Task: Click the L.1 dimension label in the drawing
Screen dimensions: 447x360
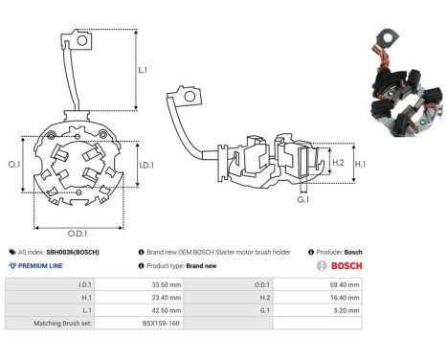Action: click(x=143, y=70)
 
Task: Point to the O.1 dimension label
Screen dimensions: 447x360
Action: click(x=14, y=164)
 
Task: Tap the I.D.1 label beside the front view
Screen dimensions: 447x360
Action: click(x=146, y=165)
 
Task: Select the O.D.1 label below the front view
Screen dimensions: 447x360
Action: click(x=78, y=234)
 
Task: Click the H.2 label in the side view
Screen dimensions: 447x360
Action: click(x=338, y=163)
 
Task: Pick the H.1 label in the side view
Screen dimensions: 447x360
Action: click(x=361, y=164)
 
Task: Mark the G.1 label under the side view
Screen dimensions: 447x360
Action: click(x=303, y=200)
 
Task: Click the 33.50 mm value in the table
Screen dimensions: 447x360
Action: click(x=167, y=284)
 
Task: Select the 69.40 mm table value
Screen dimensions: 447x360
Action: click(x=345, y=284)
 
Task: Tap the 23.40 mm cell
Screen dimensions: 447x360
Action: click(x=167, y=298)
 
